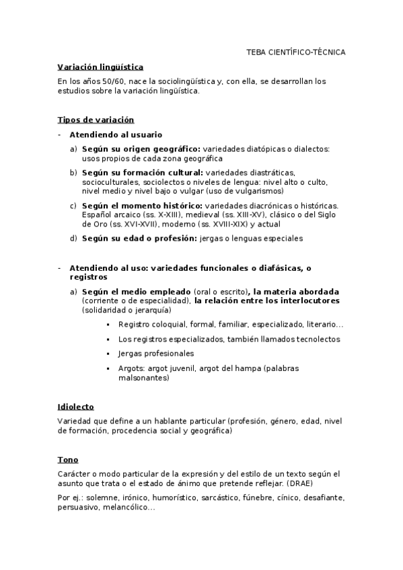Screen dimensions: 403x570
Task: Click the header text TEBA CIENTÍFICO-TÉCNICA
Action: coord(295,52)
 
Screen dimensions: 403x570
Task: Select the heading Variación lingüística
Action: coord(100,67)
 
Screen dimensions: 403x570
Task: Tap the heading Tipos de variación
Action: coord(96,120)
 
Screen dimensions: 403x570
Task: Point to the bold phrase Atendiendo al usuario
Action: coord(115,134)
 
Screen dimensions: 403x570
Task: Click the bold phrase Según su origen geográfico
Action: coord(141,149)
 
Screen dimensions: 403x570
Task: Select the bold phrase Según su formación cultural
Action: coord(143,173)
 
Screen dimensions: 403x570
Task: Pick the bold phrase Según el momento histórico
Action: coord(141,205)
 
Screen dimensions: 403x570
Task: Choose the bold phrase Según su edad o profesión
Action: coord(139,238)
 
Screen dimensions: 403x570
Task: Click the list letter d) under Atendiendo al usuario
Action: coord(73,238)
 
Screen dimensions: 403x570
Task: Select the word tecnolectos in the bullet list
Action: coord(318,339)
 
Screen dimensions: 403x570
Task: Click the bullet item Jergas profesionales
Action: coord(155,354)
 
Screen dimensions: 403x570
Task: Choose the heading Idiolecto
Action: coord(75,407)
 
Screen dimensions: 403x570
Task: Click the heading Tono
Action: coord(68,460)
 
